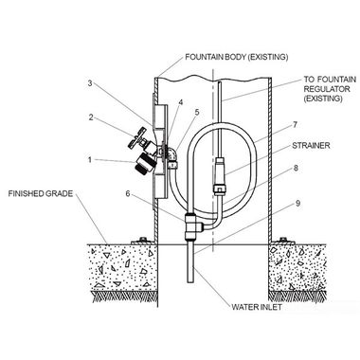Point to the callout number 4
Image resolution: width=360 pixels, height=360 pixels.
click(180, 100)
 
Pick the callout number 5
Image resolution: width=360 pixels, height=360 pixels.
click(198, 113)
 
